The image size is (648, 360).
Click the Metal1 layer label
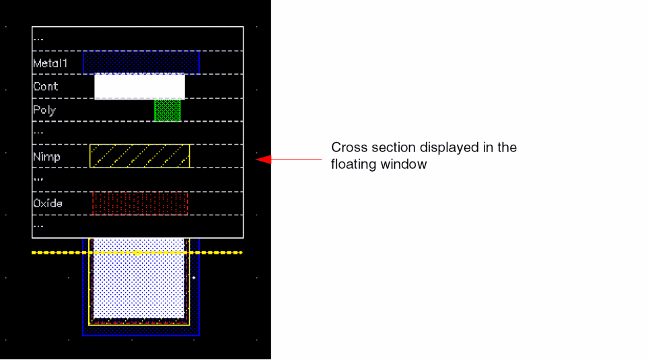[x=50, y=63]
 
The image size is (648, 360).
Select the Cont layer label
[x=46, y=86]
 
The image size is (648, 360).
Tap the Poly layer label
[x=44, y=110]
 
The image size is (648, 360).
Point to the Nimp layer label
[x=46, y=157]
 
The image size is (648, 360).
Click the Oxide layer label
[x=48, y=203]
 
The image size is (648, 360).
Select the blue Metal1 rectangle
[x=141, y=63]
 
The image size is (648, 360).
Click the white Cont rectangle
[x=140, y=86]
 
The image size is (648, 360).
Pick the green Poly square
[x=168, y=110]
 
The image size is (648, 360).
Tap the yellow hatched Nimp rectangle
[x=140, y=156]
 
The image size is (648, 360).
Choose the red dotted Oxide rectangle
[x=140, y=203]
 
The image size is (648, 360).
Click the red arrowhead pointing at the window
[x=264, y=159]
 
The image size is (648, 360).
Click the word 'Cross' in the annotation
[x=348, y=147]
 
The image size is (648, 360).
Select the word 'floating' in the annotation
[x=354, y=164]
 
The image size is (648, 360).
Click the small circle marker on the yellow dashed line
[x=138, y=252]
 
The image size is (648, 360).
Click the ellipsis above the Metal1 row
[x=38, y=40]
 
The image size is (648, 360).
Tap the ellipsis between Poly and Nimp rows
[x=38, y=133]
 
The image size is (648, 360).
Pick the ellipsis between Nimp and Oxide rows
[x=38, y=180]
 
